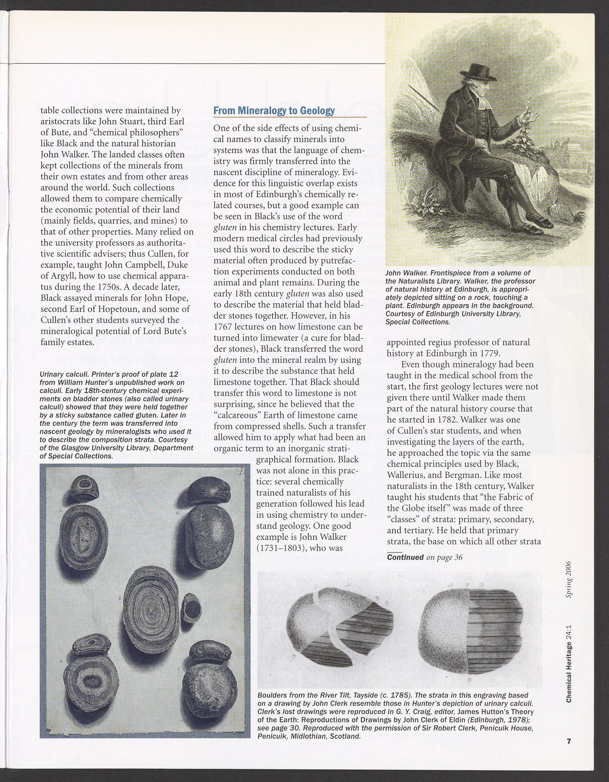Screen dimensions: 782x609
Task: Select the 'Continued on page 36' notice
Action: (x=425, y=557)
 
